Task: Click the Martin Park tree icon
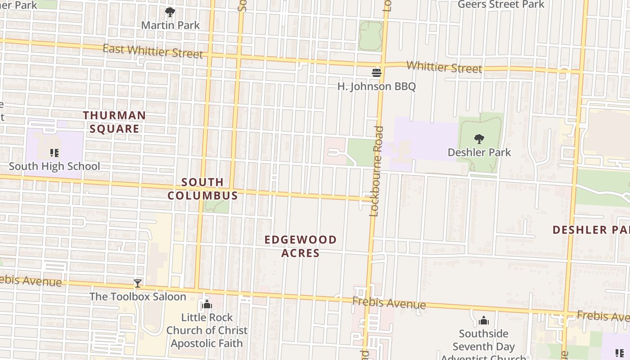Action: click(x=170, y=12)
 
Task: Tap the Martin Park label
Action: click(x=171, y=25)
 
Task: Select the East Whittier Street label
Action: click(x=153, y=51)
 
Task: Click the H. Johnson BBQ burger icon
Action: click(x=377, y=73)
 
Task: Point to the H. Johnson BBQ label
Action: click(x=377, y=86)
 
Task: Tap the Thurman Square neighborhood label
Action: click(x=114, y=122)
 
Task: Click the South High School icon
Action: click(x=54, y=153)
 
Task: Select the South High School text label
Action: click(x=54, y=166)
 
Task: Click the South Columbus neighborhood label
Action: click(x=202, y=189)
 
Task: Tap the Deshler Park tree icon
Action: click(x=479, y=139)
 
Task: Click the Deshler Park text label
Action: click(x=479, y=153)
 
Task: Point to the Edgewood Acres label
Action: click(x=301, y=246)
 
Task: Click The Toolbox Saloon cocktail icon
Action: click(x=138, y=283)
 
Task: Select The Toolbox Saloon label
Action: click(x=138, y=297)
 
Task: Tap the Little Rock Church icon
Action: click(x=207, y=305)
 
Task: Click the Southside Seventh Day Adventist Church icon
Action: click(x=484, y=320)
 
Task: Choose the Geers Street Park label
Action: click(x=501, y=4)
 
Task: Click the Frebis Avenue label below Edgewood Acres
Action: click(x=389, y=303)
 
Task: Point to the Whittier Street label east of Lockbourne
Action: click(x=444, y=67)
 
